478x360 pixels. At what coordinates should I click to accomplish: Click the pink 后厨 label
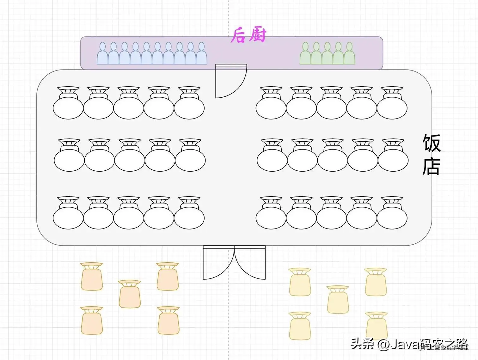pyautogui.click(x=248, y=35)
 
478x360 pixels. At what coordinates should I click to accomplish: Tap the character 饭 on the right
pyautogui.click(x=431, y=143)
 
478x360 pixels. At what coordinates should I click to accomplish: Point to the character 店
pyautogui.click(x=431, y=166)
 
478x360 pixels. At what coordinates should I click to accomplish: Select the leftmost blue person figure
pyautogui.click(x=102, y=55)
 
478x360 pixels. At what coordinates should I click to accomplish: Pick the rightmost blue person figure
pyautogui.click(x=202, y=55)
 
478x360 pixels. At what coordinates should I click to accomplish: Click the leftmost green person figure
pyautogui.click(x=305, y=55)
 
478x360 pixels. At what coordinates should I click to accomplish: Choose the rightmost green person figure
pyautogui.click(x=349, y=55)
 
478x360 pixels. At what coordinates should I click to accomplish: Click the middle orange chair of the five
pyautogui.click(x=130, y=294)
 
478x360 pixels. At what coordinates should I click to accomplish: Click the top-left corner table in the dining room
pyautogui.click(x=68, y=107)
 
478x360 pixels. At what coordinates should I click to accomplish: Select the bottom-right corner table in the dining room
pyautogui.click(x=392, y=217)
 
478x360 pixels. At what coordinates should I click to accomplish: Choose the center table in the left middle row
pyautogui.click(x=130, y=160)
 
